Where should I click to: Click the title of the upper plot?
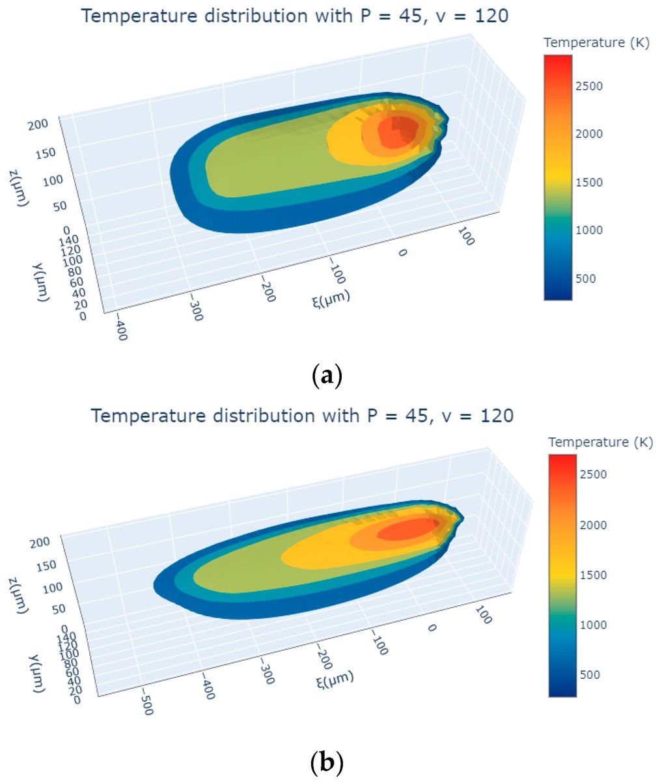click(294, 15)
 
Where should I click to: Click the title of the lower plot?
click(302, 415)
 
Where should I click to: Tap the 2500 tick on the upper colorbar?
click(588, 86)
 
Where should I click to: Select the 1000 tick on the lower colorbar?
click(593, 625)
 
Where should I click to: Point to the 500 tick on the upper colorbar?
click(586, 279)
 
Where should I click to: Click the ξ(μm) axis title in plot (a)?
click(330, 298)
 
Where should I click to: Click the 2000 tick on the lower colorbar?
click(593, 525)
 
